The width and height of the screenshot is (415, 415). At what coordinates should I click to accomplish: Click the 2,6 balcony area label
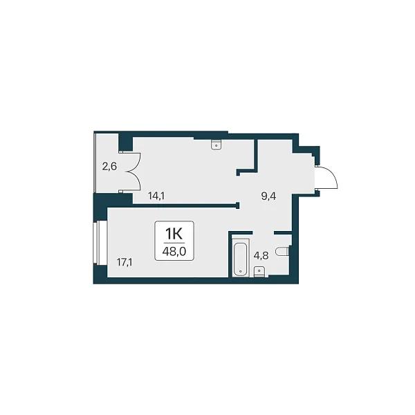(109, 167)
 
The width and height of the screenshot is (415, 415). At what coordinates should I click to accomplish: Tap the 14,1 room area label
(156, 196)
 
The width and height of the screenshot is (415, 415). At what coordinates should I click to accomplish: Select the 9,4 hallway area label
(268, 196)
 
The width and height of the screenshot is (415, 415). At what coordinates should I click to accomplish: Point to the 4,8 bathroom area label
(261, 256)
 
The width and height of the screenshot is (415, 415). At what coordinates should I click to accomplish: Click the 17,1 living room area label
(124, 263)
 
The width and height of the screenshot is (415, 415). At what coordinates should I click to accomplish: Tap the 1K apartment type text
(174, 234)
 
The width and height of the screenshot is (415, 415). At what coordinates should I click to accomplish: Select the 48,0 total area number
(174, 252)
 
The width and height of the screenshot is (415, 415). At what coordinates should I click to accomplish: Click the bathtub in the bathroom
(241, 258)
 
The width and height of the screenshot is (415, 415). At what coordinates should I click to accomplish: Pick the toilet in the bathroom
(282, 251)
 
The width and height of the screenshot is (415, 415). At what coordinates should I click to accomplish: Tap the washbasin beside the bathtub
(259, 272)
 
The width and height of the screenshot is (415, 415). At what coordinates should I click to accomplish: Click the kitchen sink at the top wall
(216, 145)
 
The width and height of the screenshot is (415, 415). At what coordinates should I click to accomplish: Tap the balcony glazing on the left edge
(95, 163)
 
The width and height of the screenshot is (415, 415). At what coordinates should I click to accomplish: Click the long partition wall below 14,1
(186, 205)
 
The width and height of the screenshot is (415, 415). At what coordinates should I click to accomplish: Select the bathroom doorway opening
(264, 232)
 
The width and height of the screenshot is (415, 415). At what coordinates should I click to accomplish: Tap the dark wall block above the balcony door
(125, 142)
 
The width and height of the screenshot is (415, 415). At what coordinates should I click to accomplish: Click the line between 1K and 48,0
(174, 243)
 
